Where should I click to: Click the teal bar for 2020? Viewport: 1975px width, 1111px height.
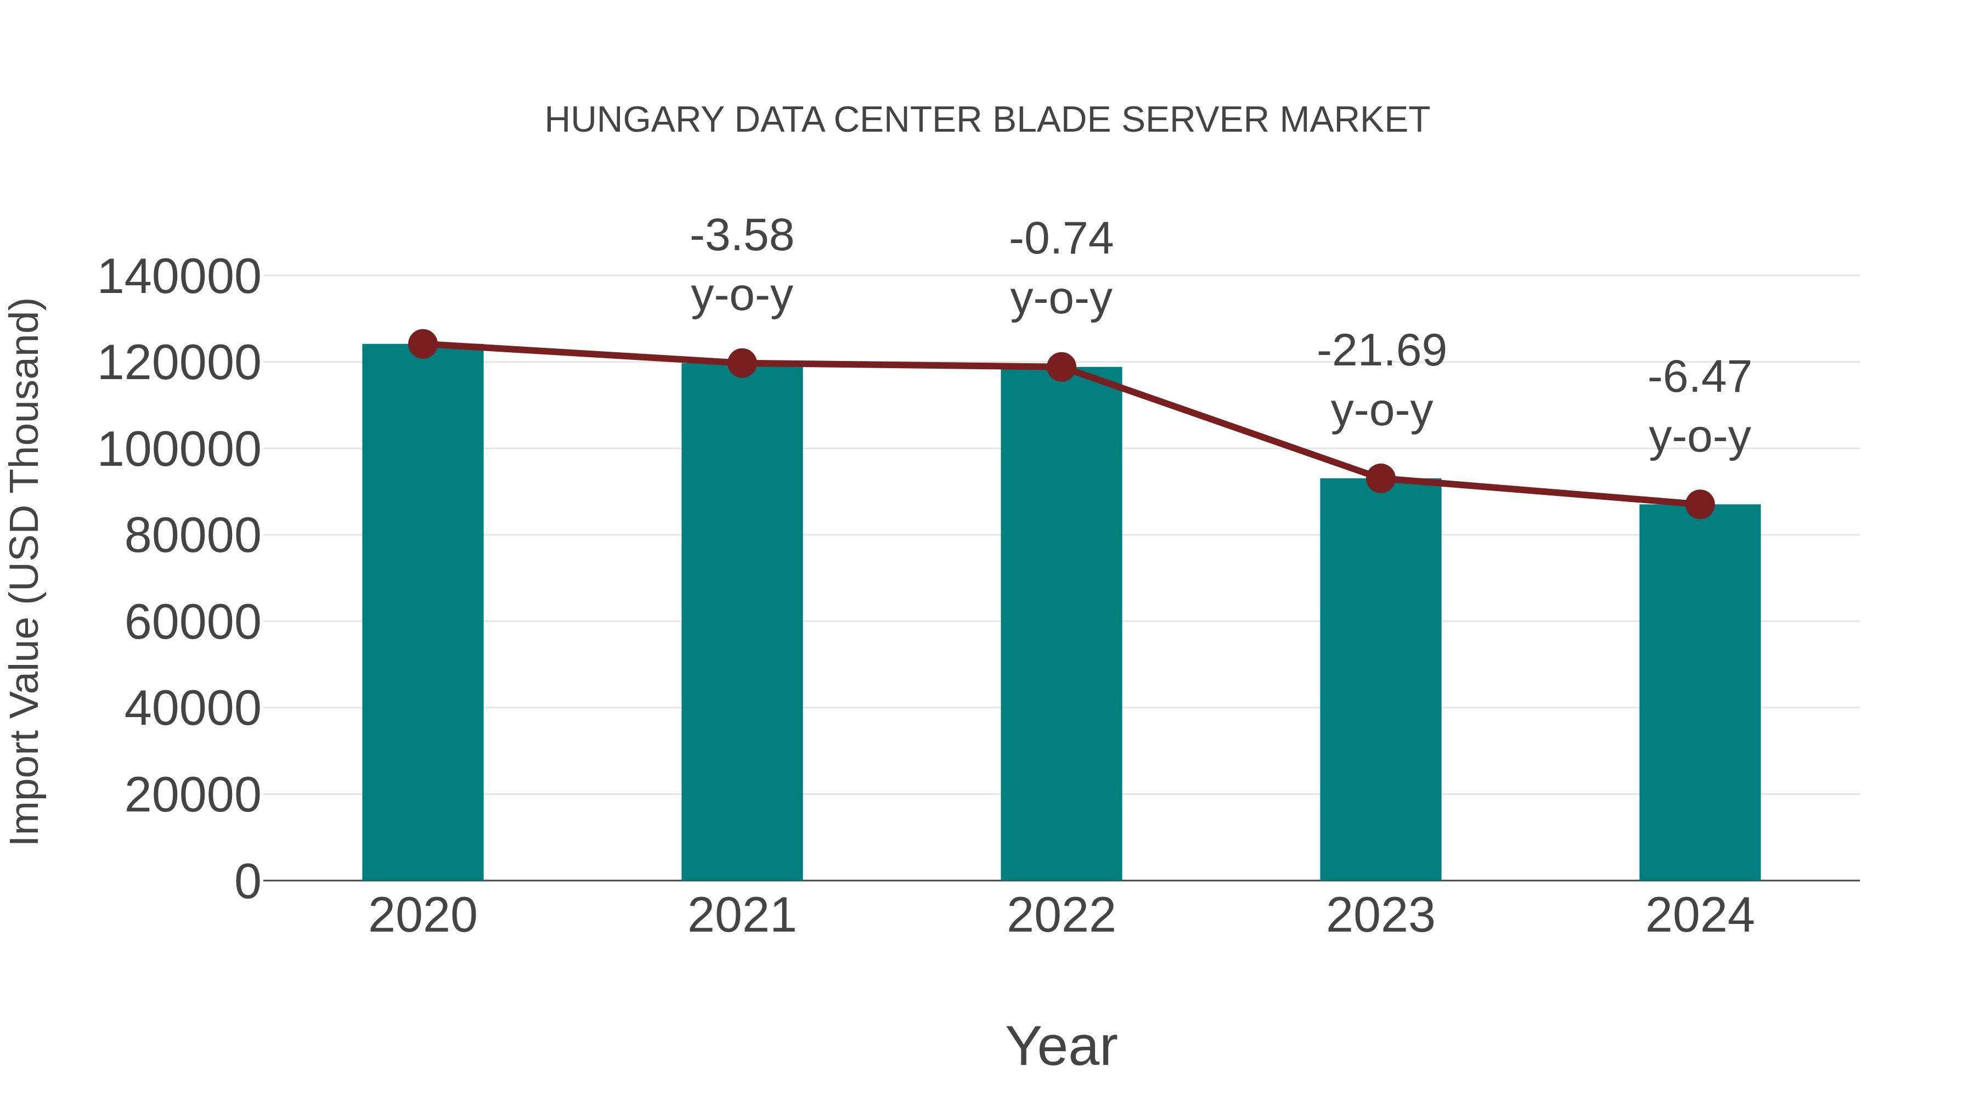tap(422, 613)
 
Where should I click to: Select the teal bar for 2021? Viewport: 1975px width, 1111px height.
tap(741, 621)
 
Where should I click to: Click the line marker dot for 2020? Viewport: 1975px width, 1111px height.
tap(422, 344)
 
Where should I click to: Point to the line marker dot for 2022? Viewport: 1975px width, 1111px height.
tap(1061, 367)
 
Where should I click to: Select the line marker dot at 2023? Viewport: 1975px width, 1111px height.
tap(1380, 478)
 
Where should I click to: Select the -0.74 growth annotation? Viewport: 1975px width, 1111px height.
tap(1061, 239)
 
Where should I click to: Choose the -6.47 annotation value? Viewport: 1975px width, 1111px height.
tap(1700, 377)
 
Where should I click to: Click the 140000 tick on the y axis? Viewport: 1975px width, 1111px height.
tap(179, 277)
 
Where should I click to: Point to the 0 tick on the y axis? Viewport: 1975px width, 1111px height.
tap(247, 881)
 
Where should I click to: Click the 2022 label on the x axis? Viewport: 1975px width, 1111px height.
tap(1061, 916)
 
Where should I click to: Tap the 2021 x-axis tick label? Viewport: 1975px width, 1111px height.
tap(741, 916)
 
